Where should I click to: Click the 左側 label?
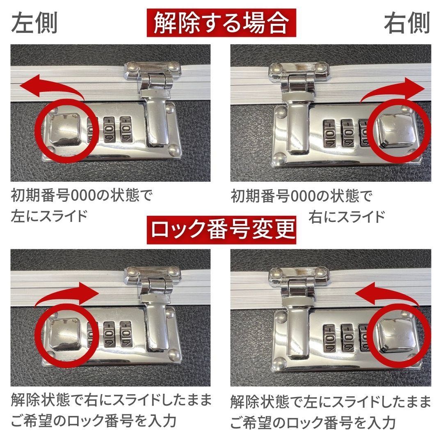coord(34,24)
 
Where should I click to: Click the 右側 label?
coord(406,24)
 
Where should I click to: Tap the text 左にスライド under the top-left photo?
coord(49,215)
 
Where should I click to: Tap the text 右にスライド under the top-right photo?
coord(347,215)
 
